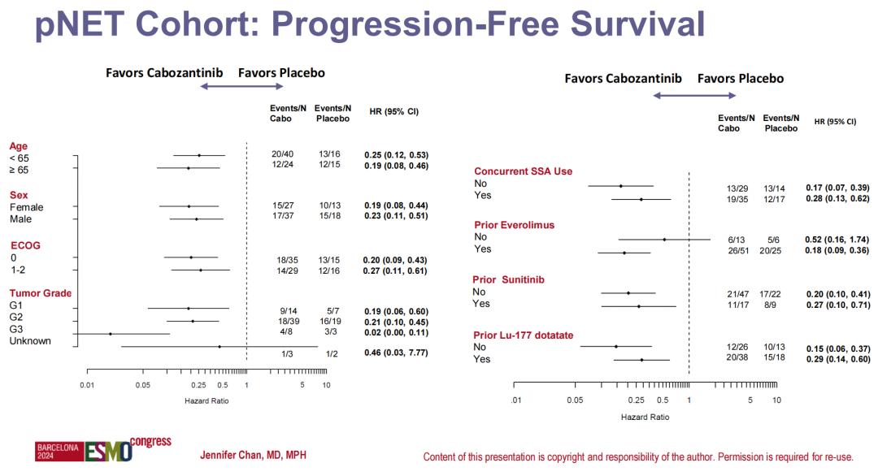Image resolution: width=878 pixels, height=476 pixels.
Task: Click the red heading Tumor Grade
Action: point(41,293)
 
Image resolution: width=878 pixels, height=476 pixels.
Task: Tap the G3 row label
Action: point(17,329)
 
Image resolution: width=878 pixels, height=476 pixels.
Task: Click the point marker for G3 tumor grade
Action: point(111,334)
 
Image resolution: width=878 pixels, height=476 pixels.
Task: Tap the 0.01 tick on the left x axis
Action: point(88,384)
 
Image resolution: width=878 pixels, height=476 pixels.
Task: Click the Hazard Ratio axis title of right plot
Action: point(645,417)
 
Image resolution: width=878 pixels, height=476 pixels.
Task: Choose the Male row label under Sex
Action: point(21,219)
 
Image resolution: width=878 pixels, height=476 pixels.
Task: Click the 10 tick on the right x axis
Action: point(776,400)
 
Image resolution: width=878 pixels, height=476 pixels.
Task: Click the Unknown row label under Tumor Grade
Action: point(30,340)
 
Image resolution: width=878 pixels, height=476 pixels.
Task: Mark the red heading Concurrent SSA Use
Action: point(524,171)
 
